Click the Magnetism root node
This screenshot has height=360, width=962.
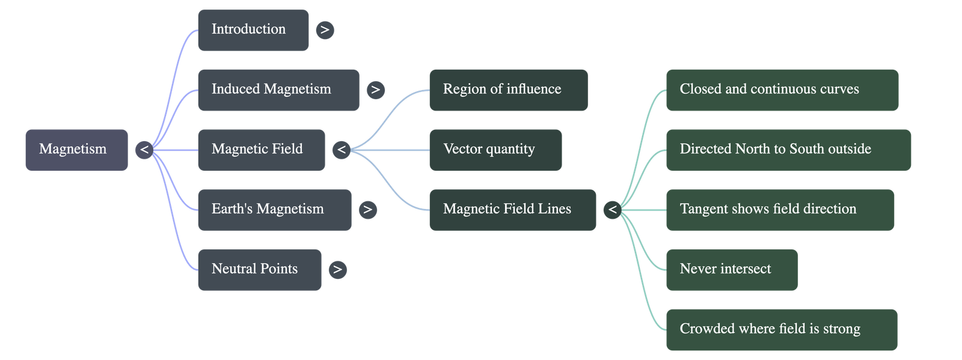76,150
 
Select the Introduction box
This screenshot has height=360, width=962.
253,30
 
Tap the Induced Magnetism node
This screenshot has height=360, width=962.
278,90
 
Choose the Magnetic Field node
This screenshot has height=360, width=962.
261,150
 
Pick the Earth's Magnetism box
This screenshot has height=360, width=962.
274,210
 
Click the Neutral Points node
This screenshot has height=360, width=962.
259,269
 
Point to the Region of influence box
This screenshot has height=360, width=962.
508,90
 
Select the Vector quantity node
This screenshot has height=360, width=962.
495,150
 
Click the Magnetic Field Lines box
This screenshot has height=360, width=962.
512,210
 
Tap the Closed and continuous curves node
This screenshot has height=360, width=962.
782,90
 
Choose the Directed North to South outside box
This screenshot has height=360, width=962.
788,150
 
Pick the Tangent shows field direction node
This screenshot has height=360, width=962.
780,210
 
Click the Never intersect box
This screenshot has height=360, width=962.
732,269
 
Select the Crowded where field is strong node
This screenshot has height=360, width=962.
781,329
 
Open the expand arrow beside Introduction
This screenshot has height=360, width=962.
325,30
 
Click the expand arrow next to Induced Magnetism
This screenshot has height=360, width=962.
375,90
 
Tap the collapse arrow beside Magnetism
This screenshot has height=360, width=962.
144,150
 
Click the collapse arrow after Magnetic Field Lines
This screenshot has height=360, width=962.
612,210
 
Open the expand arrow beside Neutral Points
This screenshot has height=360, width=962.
337,269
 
